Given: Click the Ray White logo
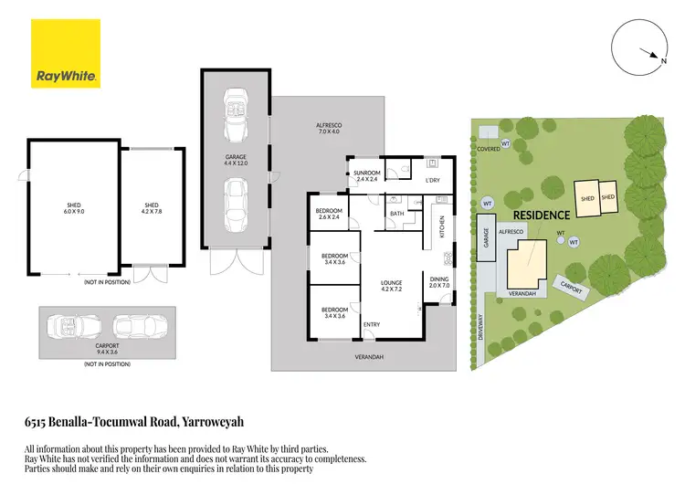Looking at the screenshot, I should click(x=67, y=54).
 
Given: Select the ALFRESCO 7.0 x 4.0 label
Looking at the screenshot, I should click(x=328, y=129).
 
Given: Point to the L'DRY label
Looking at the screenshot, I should click(x=433, y=180).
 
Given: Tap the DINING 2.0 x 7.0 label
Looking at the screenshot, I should click(x=440, y=282).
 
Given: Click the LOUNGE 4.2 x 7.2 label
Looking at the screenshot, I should click(x=392, y=286).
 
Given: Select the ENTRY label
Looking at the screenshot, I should click(x=372, y=324).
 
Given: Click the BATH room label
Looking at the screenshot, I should click(x=396, y=214).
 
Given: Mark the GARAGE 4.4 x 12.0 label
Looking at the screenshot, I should click(x=237, y=160).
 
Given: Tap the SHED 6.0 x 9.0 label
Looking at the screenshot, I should click(x=74, y=207).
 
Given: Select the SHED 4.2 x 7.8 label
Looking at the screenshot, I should click(x=152, y=207).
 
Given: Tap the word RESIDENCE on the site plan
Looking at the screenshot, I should click(x=541, y=215).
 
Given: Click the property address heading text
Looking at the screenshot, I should click(x=133, y=423).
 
